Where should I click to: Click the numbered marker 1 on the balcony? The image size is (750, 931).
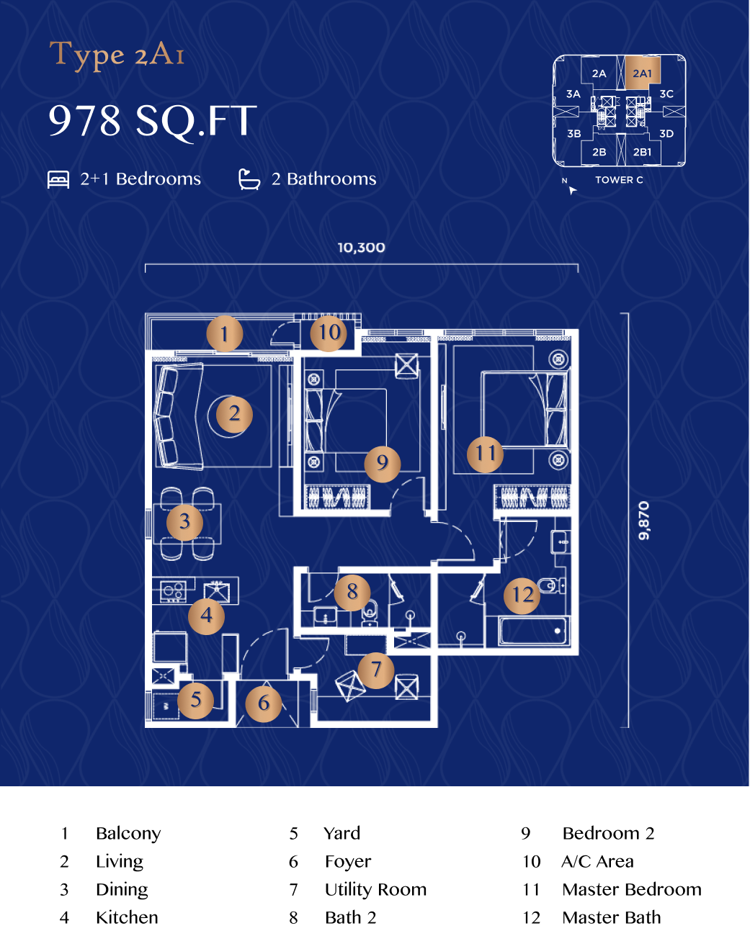[224, 333]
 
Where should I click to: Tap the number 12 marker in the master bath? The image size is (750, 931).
[522, 595]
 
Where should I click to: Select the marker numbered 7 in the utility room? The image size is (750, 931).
[376, 670]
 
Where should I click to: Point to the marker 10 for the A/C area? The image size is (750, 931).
[329, 333]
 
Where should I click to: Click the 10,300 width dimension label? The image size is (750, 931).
[361, 248]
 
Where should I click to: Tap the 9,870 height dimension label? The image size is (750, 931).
[644, 521]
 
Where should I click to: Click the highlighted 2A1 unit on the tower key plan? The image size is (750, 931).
[643, 72]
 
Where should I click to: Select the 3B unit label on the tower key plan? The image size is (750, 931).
[574, 134]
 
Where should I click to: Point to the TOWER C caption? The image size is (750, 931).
[619, 180]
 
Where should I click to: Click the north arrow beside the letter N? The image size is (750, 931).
[573, 190]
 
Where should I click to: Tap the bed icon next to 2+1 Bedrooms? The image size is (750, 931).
[58, 179]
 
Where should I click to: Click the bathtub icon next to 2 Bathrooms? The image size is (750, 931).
[249, 179]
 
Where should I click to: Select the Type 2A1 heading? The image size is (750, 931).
[117, 55]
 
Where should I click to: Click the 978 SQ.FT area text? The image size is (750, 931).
[153, 121]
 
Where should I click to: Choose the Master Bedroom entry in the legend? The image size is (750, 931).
[632, 889]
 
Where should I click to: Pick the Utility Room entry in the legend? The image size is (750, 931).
[376, 889]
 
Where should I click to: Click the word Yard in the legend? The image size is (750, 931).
[342, 833]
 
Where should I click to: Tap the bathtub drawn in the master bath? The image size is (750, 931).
[535, 631]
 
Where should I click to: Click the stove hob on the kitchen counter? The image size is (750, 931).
[173, 591]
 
